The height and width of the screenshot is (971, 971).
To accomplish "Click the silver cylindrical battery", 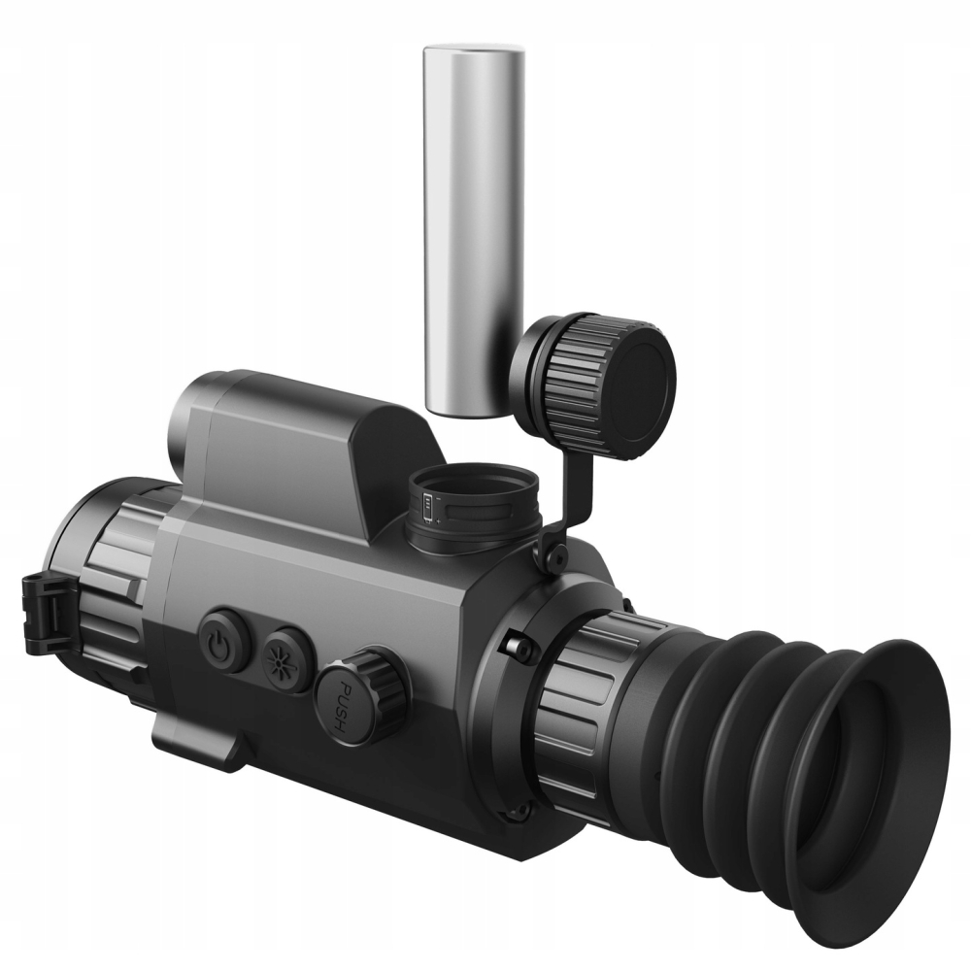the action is point(473,229).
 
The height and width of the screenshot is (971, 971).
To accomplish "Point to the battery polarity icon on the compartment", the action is point(427,503).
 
